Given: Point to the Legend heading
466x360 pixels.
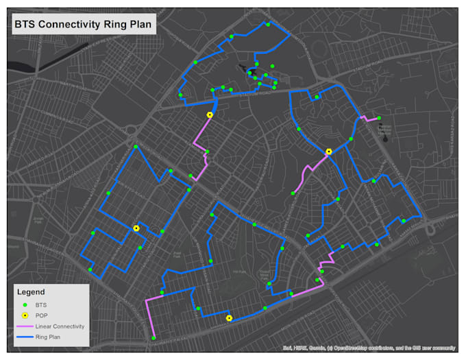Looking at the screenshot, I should [x=30, y=291].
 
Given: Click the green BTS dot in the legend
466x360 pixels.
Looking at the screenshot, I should [x=25, y=304].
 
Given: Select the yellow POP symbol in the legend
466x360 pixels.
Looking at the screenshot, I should [x=25, y=315].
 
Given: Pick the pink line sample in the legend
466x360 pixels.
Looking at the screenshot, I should [x=25, y=326].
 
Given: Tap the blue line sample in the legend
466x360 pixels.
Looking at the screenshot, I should [x=25, y=337].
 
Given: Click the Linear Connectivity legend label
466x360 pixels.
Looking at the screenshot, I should [x=60, y=326].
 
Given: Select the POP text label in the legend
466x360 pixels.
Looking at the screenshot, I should [x=42, y=315].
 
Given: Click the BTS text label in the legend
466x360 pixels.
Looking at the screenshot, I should [x=42, y=304].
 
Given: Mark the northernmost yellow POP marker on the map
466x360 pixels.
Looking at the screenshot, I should [x=210, y=115].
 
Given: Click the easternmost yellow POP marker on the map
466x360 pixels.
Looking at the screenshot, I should [x=329, y=152].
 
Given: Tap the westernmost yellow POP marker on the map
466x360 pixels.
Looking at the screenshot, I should [x=136, y=228].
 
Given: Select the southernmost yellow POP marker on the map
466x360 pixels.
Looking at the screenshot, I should [x=229, y=317].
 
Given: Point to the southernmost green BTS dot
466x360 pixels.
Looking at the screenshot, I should [x=154, y=338].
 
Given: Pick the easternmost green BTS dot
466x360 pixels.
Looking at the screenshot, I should [x=404, y=221].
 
